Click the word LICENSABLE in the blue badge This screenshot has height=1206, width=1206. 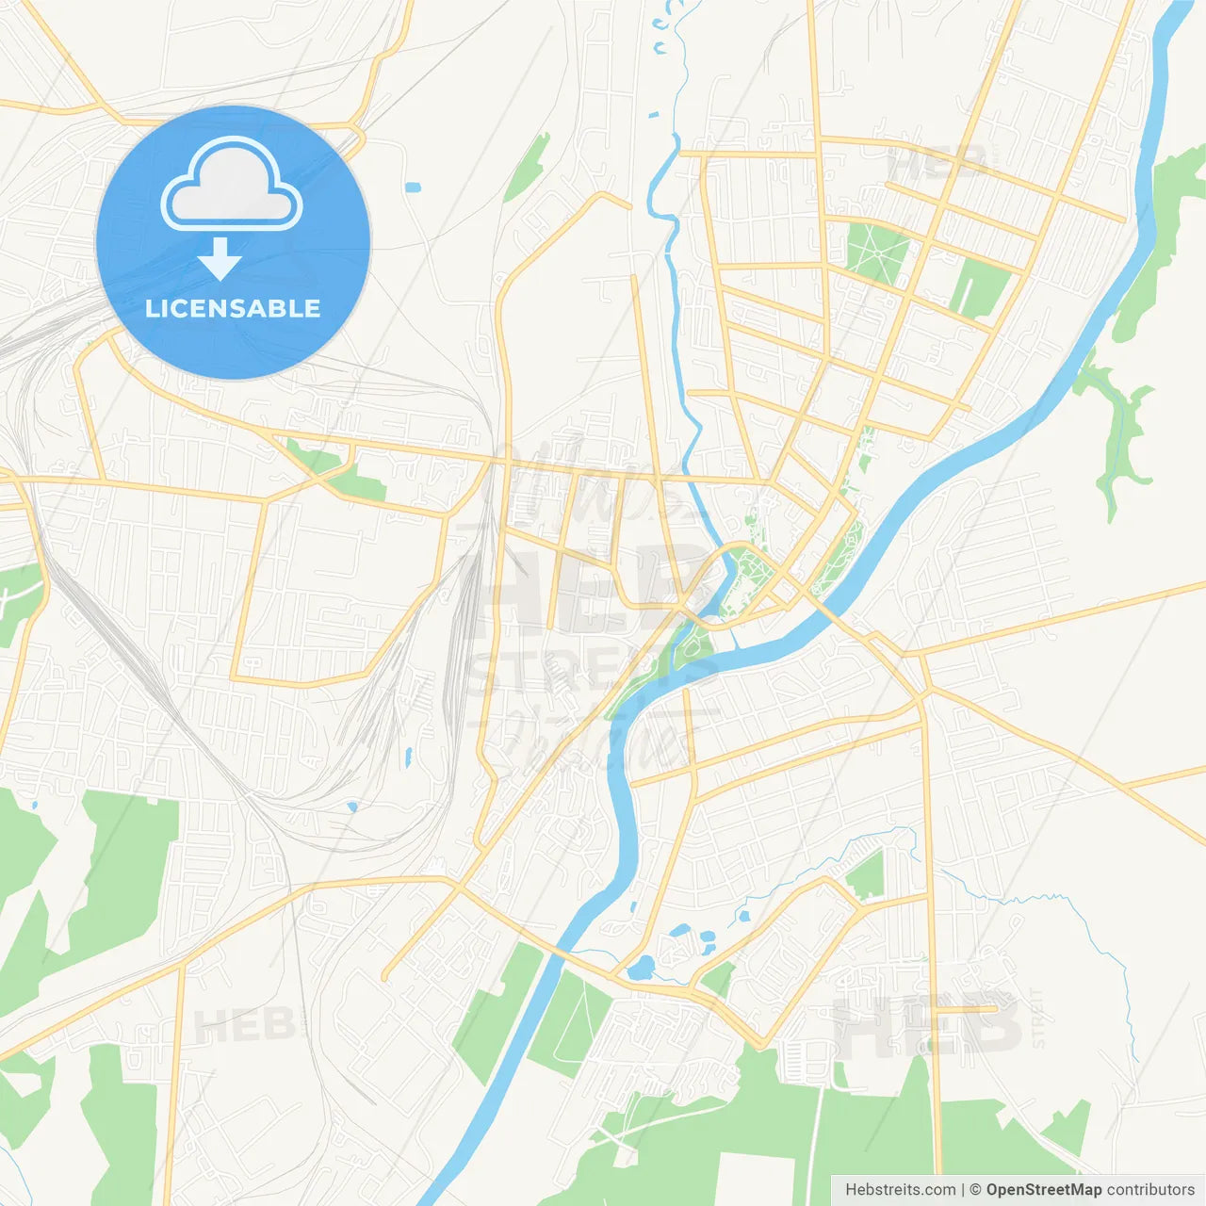tap(233, 308)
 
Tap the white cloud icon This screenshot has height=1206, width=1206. tap(232, 184)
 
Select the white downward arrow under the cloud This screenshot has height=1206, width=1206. tap(220, 258)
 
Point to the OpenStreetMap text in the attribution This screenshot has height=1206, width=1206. tap(1044, 1190)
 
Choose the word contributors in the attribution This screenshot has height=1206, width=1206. tap(1150, 1190)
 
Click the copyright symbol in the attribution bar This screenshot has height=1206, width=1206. tap(976, 1190)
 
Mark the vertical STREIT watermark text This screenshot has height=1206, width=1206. tap(1038, 1018)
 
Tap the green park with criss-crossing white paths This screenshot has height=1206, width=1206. tap(877, 252)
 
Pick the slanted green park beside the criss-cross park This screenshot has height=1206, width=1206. tap(980, 286)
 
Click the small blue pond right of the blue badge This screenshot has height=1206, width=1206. tap(413, 187)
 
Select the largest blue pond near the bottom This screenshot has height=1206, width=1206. tap(641, 968)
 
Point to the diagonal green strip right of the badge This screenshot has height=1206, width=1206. tap(528, 167)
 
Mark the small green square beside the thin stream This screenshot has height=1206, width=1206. tap(865, 874)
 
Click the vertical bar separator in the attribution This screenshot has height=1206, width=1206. tap(964, 1190)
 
